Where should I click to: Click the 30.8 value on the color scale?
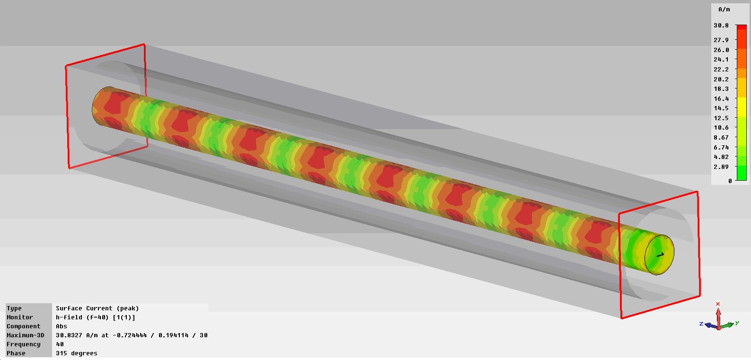point(721,26)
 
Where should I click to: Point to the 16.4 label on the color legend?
point(721,99)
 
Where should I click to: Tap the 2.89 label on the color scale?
point(721,167)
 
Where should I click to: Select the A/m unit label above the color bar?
point(724,9)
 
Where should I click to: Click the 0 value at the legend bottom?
point(730,181)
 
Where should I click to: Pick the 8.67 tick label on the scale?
point(721,138)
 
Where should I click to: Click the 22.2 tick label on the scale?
point(721,70)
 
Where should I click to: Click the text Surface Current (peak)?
point(97,308)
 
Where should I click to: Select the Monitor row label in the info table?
point(20,317)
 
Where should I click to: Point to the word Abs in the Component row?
point(62,326)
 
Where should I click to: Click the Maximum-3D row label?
point(26,335)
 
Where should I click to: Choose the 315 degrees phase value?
point(76,353)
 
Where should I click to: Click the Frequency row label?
point(24,344)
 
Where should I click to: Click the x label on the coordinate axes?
point(718,304)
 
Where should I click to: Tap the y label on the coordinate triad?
point(737,323)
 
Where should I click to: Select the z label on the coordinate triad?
point(701,324)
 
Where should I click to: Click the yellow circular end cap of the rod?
point(659,255)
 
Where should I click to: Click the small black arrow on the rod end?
point(661,255)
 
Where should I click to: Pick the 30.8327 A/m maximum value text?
point(76,335)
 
